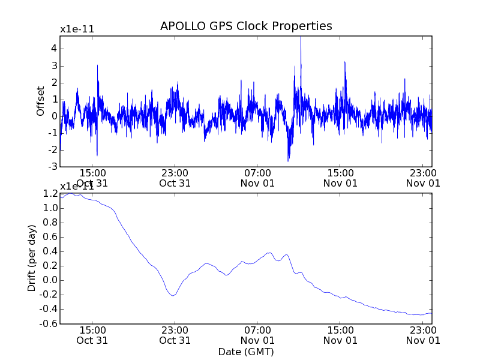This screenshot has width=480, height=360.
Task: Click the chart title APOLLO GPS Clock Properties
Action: (x=246, y=26)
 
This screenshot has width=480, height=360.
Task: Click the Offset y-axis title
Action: (x=41, y=101)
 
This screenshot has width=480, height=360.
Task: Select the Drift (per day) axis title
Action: (x=32, y=258)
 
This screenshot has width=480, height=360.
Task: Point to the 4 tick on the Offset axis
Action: (x=53, y=48)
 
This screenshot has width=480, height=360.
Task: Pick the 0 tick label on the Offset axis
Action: (x=53, y=116)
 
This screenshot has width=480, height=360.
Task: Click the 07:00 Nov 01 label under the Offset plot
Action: (x=257, y=178)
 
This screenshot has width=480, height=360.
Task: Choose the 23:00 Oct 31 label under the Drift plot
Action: (x=175, y=335)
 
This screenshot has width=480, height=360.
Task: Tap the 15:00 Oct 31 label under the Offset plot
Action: (x=92, y=178)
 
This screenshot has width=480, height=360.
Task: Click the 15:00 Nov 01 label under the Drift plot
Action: (x=340, y=335)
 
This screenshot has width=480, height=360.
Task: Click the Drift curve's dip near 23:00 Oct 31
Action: (x=173, y=295)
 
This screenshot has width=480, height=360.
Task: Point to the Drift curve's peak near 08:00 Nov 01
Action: (x=269, y=253)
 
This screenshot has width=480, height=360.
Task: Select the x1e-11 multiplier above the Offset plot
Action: (x=77, y=29)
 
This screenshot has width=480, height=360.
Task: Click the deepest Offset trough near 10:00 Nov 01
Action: (x=288, y=160)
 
